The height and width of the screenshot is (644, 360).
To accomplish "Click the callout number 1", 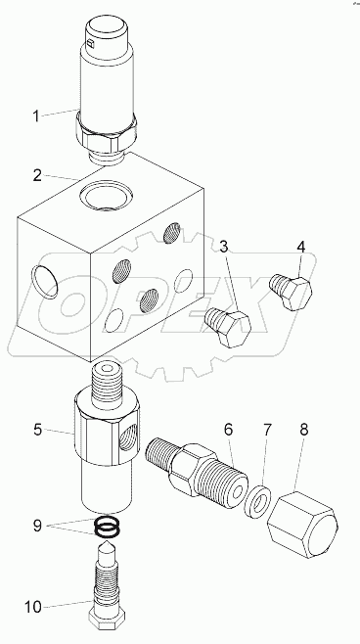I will click(x=36, y=116).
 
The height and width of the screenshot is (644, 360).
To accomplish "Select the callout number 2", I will click(x=36, y=177).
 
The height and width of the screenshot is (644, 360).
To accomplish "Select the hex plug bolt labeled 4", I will click(x=291, y=291).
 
